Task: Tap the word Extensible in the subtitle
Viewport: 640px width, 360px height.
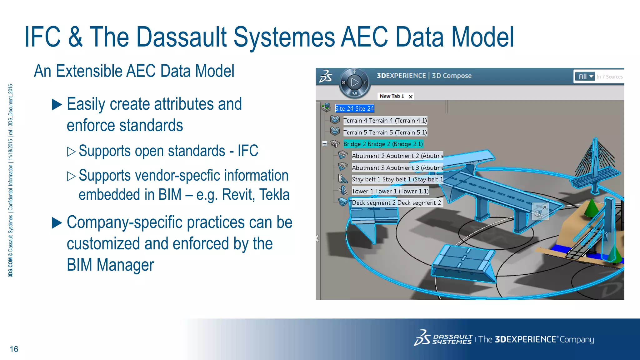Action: (90, 71)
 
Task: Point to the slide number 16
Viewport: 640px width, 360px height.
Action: (14, 349)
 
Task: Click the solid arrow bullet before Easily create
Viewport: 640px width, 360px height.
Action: (57, 105)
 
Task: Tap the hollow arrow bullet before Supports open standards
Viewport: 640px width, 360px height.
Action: (71, 152)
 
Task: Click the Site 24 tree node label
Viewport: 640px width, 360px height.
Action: (354, 108)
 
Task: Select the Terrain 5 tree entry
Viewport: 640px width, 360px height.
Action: (385, 132)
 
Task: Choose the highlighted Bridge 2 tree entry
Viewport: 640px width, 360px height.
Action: (383, 144)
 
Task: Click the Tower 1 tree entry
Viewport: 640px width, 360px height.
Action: (390, 191)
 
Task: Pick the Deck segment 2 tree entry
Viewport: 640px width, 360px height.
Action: (396, 203)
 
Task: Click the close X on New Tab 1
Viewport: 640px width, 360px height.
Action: (411, 97)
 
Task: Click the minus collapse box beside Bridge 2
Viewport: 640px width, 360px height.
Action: (325, 144)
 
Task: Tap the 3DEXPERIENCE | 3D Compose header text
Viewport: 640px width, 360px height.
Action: (424, 76)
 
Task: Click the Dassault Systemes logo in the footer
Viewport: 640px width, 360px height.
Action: (443, 339)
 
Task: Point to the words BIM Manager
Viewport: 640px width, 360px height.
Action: (110, 265)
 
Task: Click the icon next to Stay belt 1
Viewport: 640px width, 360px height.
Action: (343, 179)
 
